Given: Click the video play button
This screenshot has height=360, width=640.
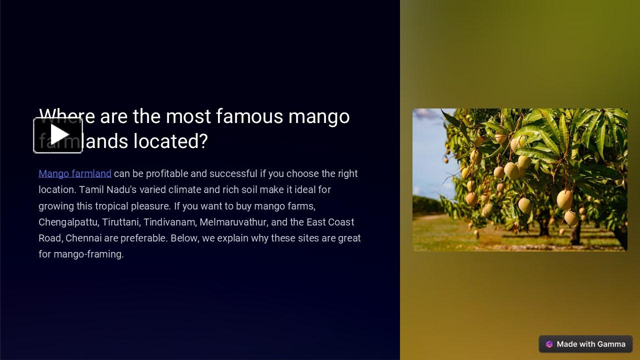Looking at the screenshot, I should (x=58, y=135).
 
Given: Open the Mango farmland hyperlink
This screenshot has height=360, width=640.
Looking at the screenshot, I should (x=75, y=173).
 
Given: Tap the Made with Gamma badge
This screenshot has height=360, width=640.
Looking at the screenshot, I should (x=585, y=344).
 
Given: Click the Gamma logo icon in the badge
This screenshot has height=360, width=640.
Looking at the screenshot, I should (x=549, y=344).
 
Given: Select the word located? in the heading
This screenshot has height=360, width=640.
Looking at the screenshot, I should (x=170, y=141).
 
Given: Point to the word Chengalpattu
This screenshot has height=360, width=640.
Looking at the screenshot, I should (x=68, y=222).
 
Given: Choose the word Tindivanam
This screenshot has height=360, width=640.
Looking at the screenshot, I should (x=169, y=222).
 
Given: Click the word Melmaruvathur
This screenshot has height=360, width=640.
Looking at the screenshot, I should (x=233, y=222).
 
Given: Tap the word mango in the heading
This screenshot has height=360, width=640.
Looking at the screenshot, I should (x=319, y=116).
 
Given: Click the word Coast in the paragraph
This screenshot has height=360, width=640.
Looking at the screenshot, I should (x=341, y=222).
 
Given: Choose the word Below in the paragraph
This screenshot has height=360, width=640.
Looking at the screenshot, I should (x=185, y=238).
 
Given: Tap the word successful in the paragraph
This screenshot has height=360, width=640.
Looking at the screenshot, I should (x=233, y=173).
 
